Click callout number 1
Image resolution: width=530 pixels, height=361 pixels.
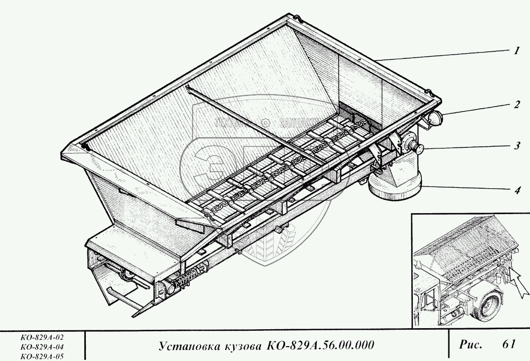[x=515, y=51]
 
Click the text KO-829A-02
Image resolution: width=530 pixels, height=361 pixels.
[x=40, y=337]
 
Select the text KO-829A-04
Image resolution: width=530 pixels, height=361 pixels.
[x=40, y=347]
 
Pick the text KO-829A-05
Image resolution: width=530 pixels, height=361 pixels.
[x=40, y=356]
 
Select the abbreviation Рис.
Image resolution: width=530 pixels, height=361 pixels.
[x=470, y=345]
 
